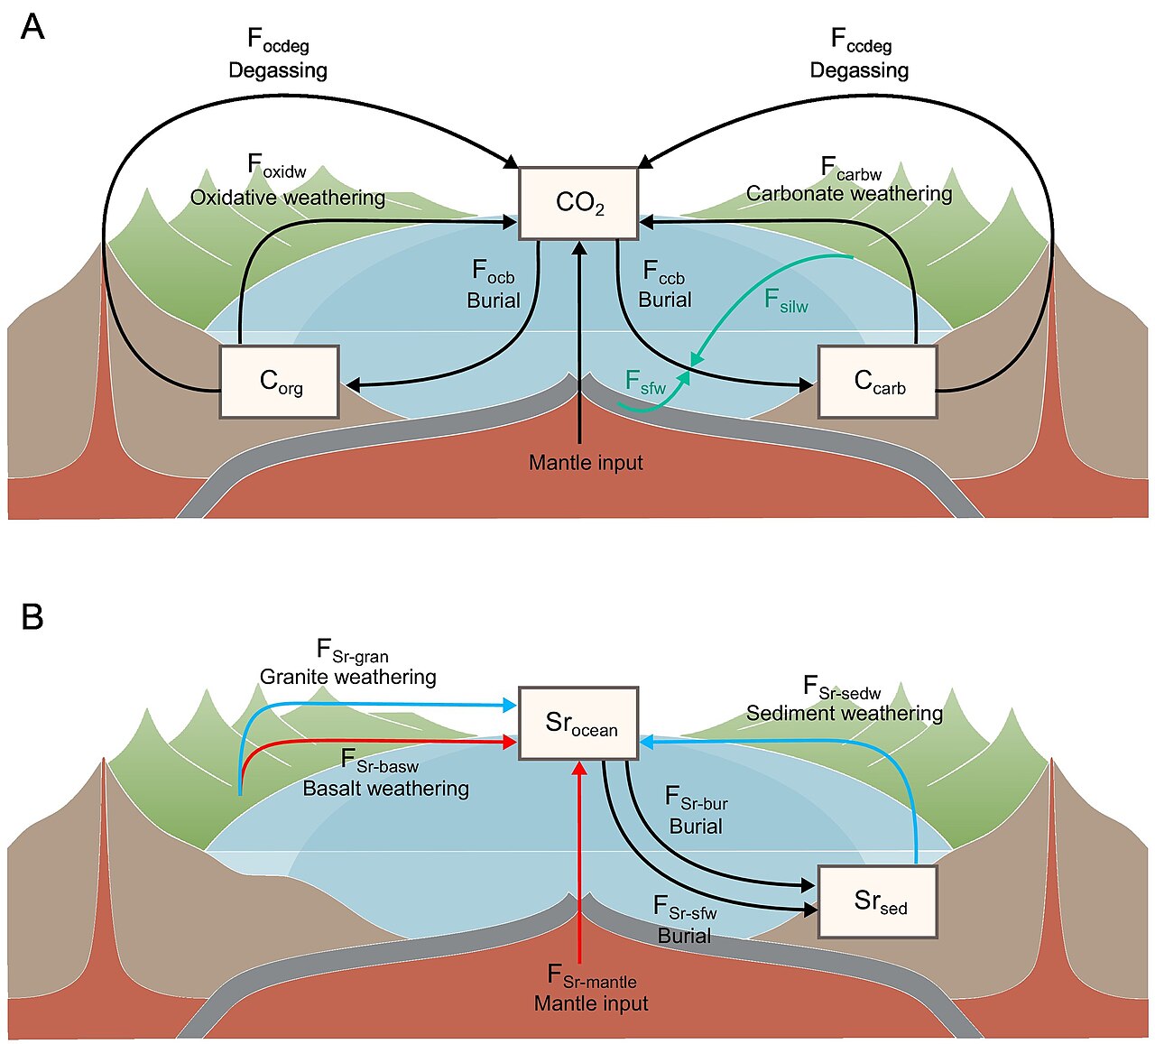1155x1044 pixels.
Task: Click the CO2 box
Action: pos(578,203)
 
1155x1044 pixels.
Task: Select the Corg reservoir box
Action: pos(279,382)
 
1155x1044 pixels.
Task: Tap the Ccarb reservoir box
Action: pos(877,382)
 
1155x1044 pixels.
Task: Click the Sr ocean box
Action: pos(578,724)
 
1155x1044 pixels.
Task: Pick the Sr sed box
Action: pos(877,902)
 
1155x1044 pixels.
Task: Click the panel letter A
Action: pos(32,27)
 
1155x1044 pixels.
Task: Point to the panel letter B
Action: pos(32,616)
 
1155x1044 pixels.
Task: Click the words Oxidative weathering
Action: pos(287,198)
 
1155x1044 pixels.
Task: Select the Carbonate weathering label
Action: pos(849,193)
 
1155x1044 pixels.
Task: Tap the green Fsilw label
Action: pos(786,301)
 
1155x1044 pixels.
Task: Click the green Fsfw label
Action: pos(645,383)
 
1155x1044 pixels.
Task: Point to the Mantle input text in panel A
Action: pos(586,462)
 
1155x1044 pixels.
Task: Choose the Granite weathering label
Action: pos(347,677)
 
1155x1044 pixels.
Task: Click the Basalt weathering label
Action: pos(386,789)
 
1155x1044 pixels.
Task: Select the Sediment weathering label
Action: pos(844,714)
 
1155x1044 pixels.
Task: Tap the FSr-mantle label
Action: pos(591,975)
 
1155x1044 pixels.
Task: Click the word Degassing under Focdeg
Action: pos(278,70)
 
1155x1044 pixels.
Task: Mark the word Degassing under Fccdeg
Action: pos(859,70)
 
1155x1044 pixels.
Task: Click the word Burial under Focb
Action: pos(494,300)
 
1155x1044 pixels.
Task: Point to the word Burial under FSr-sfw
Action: pos(684,936)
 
